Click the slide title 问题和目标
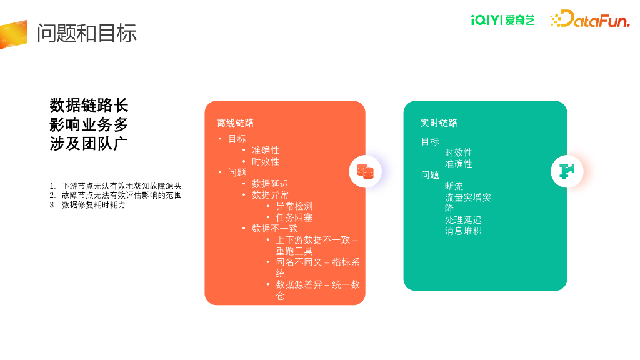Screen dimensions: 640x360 [86, 33]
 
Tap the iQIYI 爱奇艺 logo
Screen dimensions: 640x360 [502, 20]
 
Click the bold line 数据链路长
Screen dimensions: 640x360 [89, 105]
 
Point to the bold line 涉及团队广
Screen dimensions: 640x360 [89, 143]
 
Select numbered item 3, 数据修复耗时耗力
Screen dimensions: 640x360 [93, 204]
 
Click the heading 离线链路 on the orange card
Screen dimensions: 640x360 [235, 123]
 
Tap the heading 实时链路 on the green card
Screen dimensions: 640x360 [439, 123]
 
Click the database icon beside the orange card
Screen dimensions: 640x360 [365, 171]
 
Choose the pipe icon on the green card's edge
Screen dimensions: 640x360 [567, 171]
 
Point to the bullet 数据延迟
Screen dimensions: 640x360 [270, 184]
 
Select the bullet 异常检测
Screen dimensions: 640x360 [294, 206]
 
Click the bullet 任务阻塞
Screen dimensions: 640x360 [294, 217]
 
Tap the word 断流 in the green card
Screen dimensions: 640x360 [454, 186]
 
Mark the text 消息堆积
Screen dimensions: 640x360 [463, 231]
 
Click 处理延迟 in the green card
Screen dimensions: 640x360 [463, 220]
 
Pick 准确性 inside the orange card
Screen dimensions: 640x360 [265, 150]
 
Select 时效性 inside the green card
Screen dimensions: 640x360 [458, 152]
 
